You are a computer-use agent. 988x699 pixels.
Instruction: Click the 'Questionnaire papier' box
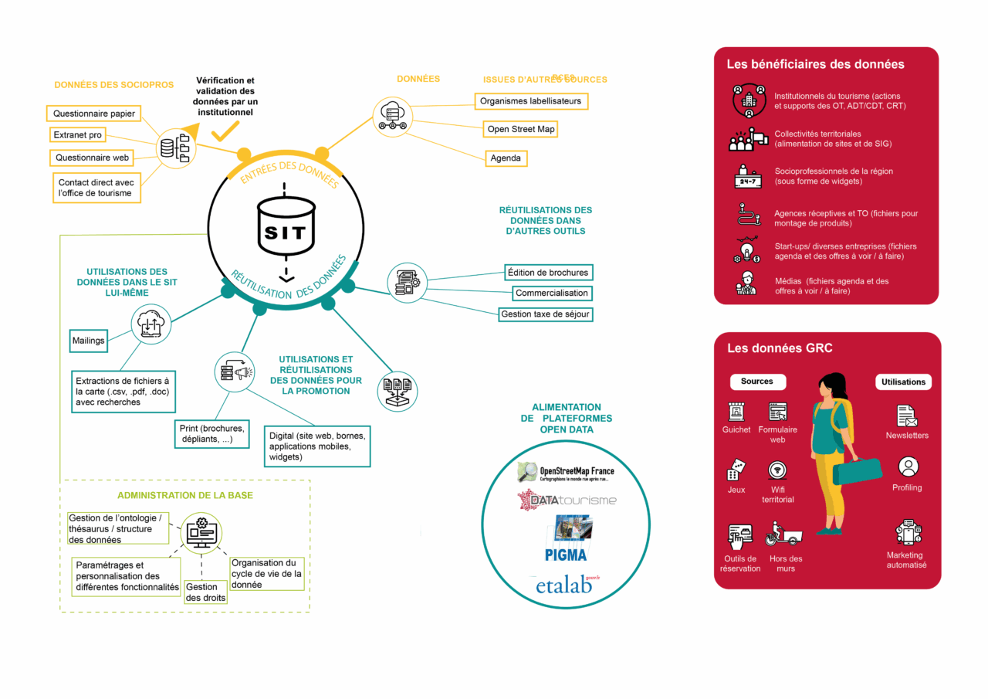pyautogui.click(x=93, y=114)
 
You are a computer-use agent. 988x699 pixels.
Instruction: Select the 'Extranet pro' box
pyautogui.click(x=77, y=135)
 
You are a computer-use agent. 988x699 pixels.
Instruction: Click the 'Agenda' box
pyautogui.click(x=506, y=158)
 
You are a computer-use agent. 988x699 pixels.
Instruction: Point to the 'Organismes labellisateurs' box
pyautogui.click(x=530, y=101)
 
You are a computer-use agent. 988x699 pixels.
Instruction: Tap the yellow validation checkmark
pyautogui.click(x=225, y=132)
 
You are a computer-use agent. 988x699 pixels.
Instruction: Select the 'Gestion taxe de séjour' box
pyautogui.click(x=546, y=314)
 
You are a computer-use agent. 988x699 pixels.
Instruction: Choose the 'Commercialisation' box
pyautogui.click(x=552, y=294)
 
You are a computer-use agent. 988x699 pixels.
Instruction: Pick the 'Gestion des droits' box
pyautogui.click(x=206, y=592)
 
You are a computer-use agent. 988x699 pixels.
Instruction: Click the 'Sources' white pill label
pyautogui.click(x=757, y=382)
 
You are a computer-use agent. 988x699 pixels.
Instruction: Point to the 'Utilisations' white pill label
pyautogui.click(x=903, y=382)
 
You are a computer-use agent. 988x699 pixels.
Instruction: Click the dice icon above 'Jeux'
pyautogui.click(x=736, y=470)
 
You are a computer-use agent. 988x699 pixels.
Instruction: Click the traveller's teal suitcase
pyautogui.click(x=858, y=470)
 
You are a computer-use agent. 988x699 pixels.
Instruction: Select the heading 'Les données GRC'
pyautogui.click(x=780, y=348)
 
